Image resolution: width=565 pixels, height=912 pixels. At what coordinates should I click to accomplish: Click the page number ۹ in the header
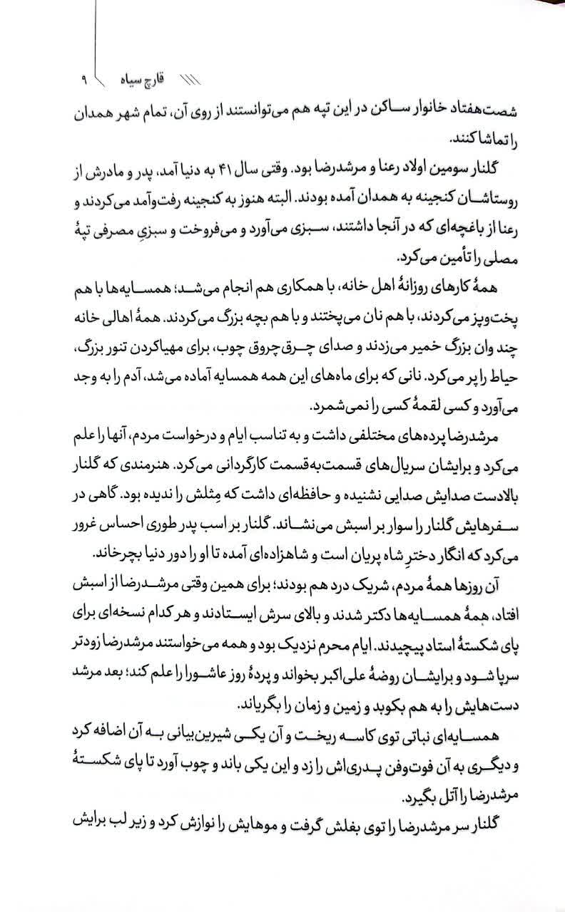point(83,79)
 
